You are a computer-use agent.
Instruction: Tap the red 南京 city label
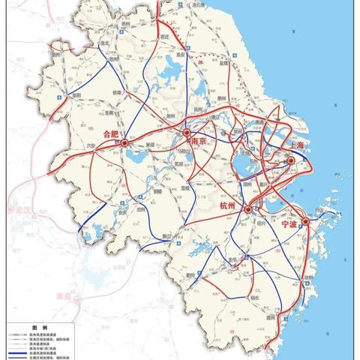click(199, 141)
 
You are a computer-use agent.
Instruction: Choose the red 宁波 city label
click(290, 223)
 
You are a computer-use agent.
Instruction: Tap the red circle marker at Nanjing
click(187, 136)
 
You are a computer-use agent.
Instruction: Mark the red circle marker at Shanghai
click(288, 159)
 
